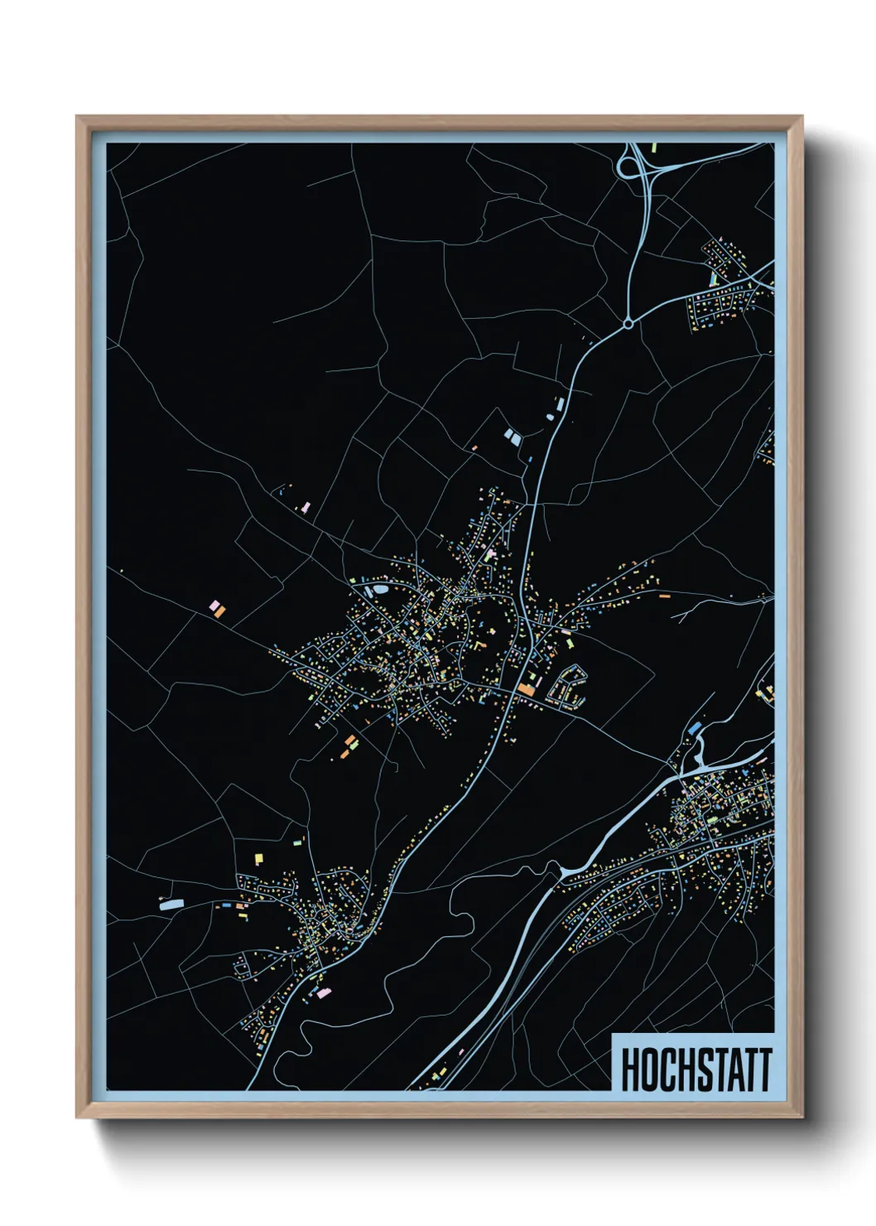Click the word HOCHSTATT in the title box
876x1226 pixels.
click(696, 1069)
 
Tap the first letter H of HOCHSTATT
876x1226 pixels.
click(628, 1069)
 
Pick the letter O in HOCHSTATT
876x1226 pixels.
click(646, 1069)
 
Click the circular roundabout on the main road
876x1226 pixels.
click(628, 324)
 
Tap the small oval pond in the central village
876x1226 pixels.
click(380, 589)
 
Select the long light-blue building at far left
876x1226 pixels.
click(171, 905)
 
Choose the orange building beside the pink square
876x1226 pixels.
click(219, 611)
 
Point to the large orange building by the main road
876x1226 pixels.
click(526, 689)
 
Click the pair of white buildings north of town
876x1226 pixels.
click(512, 436)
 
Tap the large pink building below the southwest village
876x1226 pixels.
click(322, 992)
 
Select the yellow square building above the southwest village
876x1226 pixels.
click(258, 858)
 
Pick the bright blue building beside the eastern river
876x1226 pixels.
click(695, 727)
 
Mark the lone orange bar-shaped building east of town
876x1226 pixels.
click(663, 595)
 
